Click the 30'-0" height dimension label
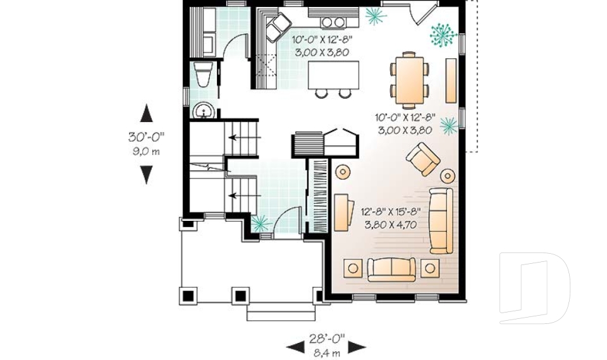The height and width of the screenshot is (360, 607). [x=146, y=136]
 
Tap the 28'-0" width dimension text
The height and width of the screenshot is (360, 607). [x=326, y=337]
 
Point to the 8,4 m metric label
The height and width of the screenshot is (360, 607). [x=326, y=352]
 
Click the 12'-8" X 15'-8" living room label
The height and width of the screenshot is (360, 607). [x=391, y=212]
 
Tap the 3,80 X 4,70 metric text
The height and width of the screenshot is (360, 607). [x=391, y=224]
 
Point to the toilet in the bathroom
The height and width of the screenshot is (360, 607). [x=203, y=75]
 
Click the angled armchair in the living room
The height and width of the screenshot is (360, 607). [x=422, y=158]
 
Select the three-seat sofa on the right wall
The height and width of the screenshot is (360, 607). [x=441, y=220]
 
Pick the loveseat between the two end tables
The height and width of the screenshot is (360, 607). [x=391, y=268]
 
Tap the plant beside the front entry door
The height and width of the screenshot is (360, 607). [x=260, y=223]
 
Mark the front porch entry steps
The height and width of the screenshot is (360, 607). [x=280, y=312]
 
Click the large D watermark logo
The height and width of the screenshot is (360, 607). [x=534, y=288]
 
